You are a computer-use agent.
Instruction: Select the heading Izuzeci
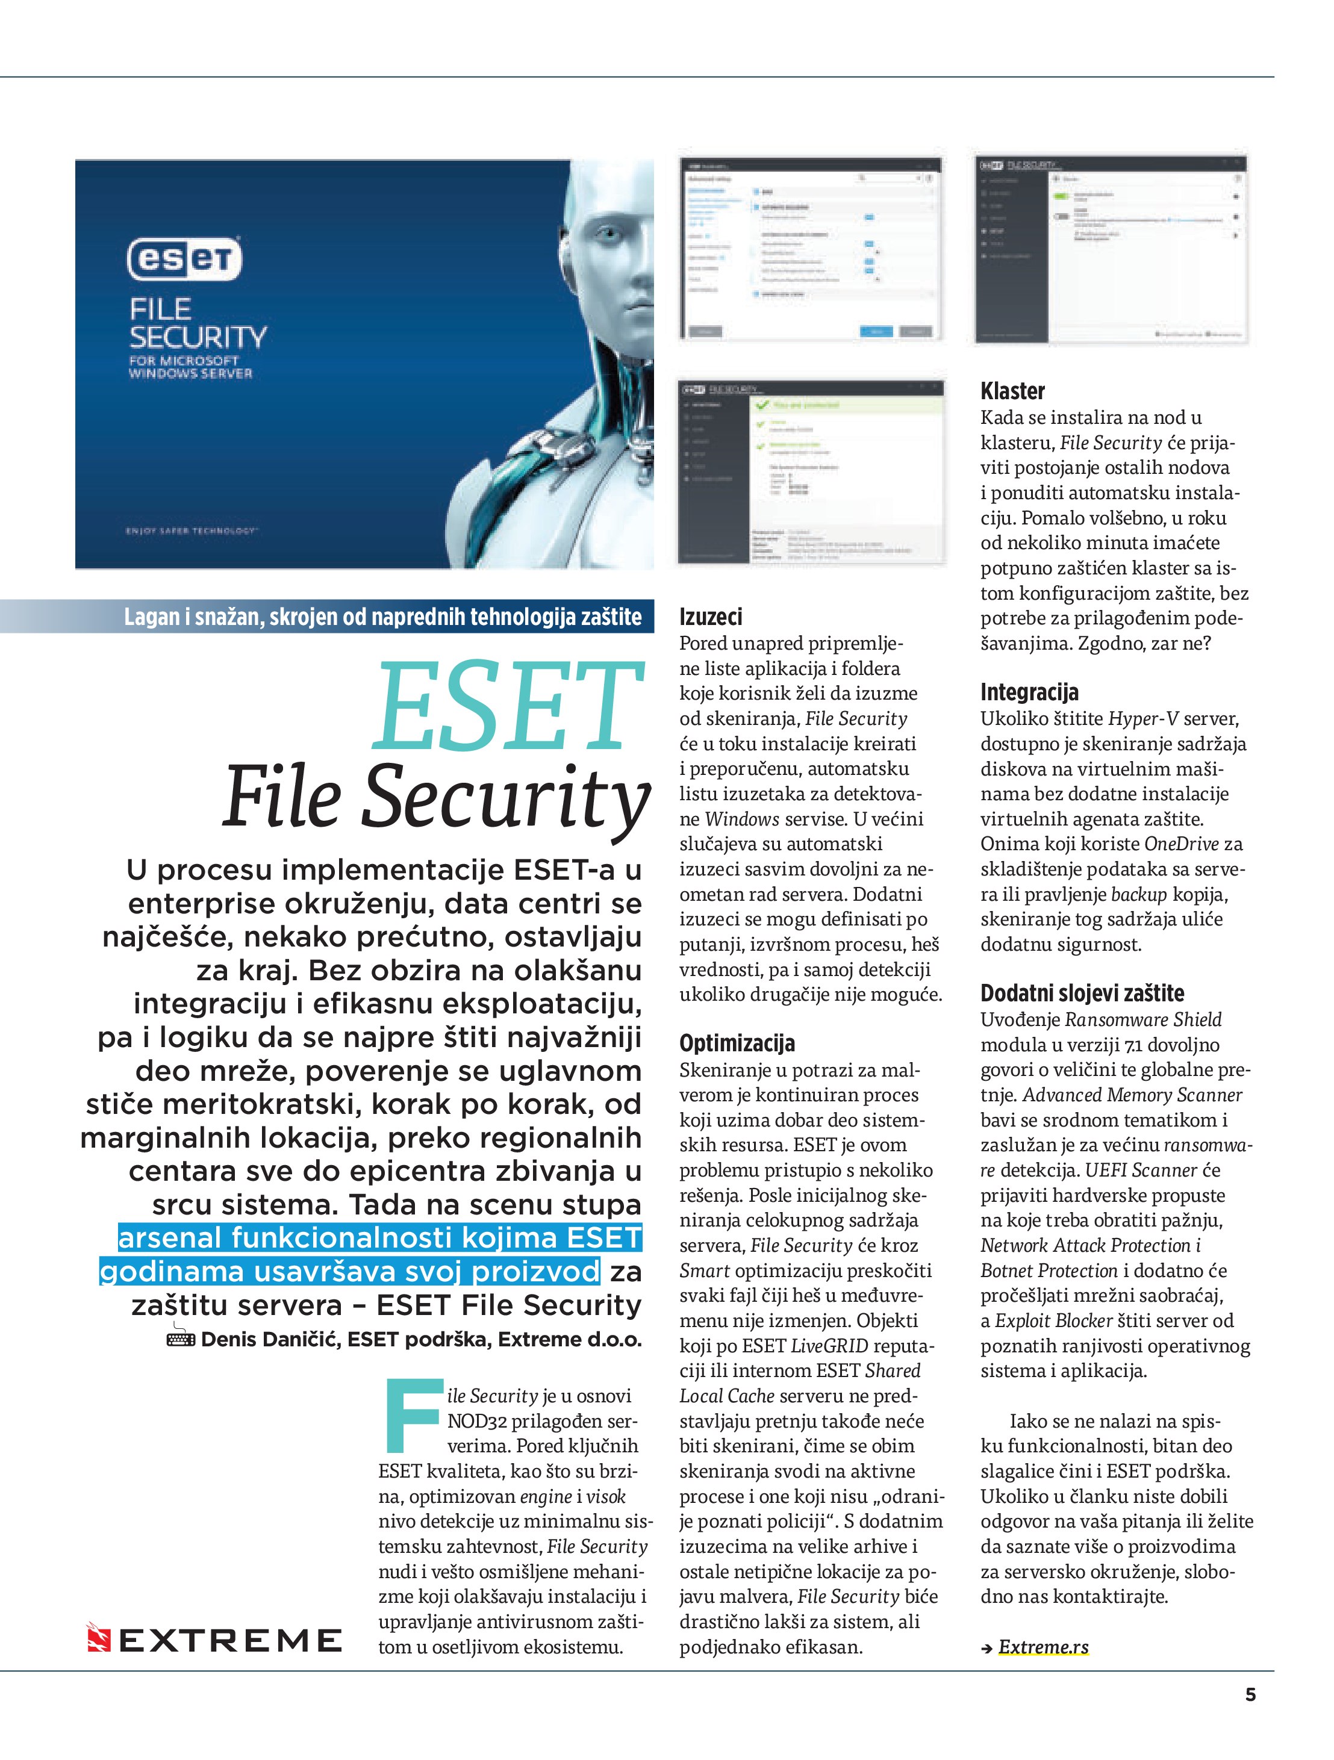click(710, 617)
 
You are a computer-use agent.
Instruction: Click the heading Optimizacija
click(737, 1043)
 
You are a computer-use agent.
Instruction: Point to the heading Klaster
click(1012, 391)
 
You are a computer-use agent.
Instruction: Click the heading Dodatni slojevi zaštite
click(1082, 993)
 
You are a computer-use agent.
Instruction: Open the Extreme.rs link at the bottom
click(1044, 1646)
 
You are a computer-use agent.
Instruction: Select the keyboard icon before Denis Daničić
click(181, 1339)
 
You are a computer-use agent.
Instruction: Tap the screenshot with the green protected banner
click(811, 472)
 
